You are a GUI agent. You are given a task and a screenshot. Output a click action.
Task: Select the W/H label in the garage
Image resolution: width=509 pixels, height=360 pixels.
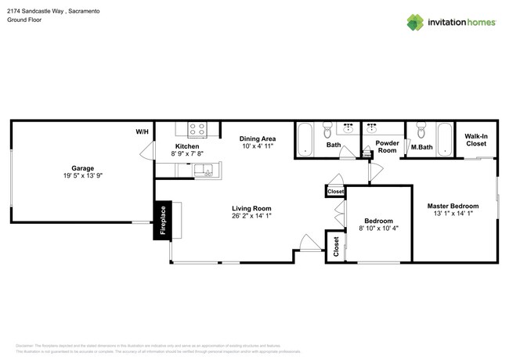[142, 131]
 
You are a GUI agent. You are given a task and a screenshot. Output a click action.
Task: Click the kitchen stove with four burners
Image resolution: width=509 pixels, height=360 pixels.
[197, 130]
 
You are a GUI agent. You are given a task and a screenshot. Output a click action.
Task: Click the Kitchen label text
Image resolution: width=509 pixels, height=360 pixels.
[187, 146]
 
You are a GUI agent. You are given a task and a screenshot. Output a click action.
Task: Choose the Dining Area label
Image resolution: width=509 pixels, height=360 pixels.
[258, 139]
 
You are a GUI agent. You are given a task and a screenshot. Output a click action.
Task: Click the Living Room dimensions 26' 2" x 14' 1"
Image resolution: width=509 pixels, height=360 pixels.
[251, 217]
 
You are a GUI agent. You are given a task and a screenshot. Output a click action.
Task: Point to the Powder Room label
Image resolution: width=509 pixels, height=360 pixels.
[387, 147]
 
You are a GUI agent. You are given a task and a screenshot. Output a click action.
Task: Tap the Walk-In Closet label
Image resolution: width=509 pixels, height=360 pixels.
[476, 140]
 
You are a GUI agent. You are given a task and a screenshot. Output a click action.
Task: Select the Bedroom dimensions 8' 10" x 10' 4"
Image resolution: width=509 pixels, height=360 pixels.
[379, 229]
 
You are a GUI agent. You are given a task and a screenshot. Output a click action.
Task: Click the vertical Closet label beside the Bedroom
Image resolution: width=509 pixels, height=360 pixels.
[336, 247]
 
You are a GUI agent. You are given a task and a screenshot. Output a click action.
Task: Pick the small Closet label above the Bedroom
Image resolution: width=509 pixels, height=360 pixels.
[335, 191]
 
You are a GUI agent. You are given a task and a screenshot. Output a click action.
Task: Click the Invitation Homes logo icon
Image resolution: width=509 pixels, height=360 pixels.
[417, 22]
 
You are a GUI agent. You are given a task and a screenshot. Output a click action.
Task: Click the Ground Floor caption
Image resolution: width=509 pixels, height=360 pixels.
[24, 20]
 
